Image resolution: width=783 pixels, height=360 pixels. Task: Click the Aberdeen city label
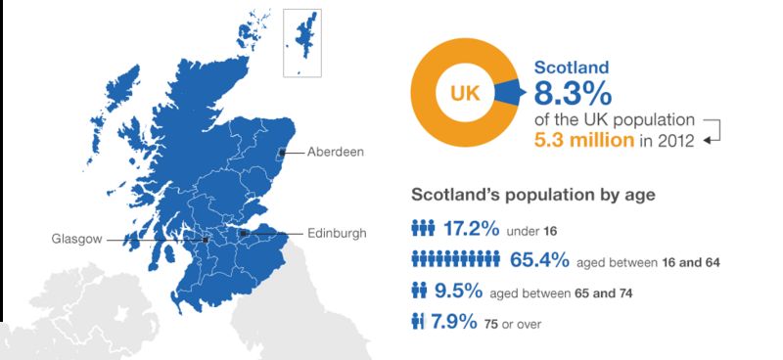pyautogui.click(x=335, y=153)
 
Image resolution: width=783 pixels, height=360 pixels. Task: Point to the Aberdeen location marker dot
pyautogui.click(x=282, y=152)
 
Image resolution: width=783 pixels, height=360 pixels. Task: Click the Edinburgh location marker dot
pyautogui.click(x=243, y=233)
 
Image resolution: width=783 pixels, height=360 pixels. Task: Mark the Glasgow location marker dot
pyautogui.click(x=205, y=240)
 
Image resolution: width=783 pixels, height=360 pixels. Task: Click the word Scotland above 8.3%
pyautogui.click(x=572, y=67)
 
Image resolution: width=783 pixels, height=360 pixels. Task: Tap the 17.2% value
pyautogui.click(x=471, y=233)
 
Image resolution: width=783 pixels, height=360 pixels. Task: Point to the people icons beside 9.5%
pyautogui.click(x=420, y=291)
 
